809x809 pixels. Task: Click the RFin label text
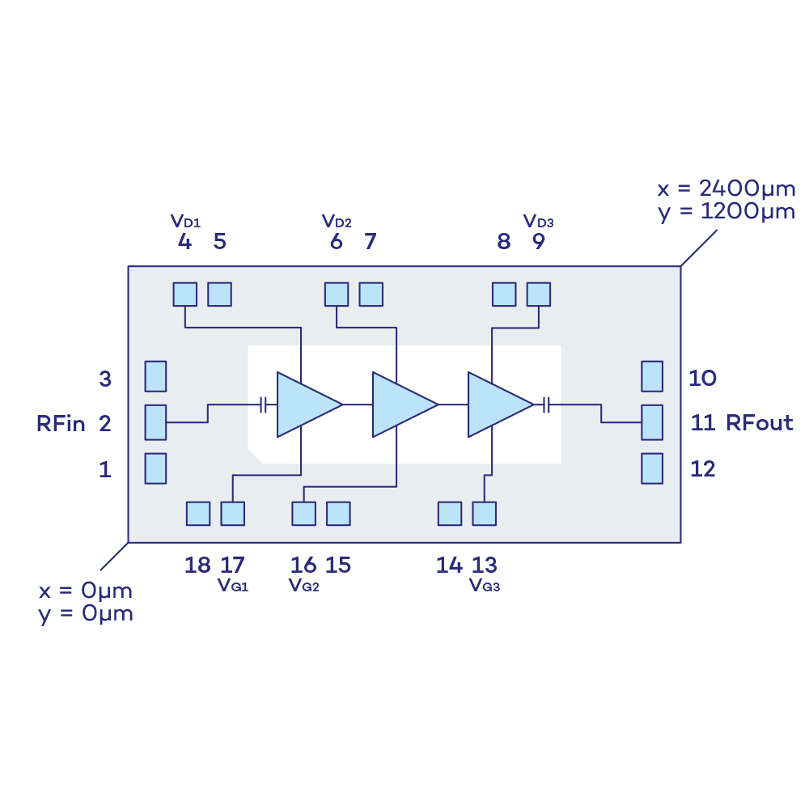pos(61,423)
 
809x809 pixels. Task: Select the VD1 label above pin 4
pos(185,221)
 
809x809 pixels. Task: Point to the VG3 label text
pos(485,586)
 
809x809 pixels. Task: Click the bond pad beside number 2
pos(155,422)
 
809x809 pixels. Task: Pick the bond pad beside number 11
pos(651,422)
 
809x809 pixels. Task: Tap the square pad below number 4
pos(184,294)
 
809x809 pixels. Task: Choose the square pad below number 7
pos(371,294)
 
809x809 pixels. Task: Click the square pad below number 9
pos(538,294)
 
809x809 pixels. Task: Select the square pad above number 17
pos(232,514)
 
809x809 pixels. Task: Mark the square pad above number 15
pos(338,514)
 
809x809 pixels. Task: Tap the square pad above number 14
pos(449,514)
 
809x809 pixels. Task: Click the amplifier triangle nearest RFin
pos(303,404)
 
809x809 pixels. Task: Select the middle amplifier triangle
pos(399,404)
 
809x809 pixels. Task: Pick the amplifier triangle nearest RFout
pos(494,404)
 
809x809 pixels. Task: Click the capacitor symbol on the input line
pos(264,404)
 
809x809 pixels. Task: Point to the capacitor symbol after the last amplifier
pos(547,404)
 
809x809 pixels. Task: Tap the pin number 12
pos(702,469)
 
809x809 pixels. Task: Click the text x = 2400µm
pos(725,189)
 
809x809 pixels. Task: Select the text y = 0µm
pos(85,613)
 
